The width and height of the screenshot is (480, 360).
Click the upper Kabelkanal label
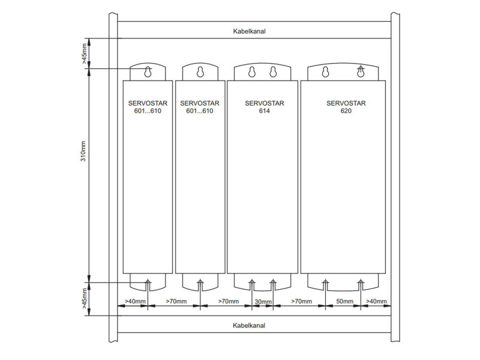point(249,31)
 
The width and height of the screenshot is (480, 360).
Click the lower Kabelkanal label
point(249,325)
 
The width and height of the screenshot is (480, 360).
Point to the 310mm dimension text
point(83,151)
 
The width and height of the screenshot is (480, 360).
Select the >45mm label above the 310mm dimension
point(84,53)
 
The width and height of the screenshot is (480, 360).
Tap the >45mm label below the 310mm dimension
point(84,298)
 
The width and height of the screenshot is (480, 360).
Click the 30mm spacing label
point(263,302)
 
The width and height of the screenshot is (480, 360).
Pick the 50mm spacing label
point(344,301)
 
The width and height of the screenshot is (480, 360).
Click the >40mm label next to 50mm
point(376,301)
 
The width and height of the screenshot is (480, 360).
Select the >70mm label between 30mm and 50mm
point(302,301)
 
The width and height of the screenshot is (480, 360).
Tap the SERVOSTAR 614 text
point(265,107)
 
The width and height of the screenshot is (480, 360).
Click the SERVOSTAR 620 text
point(346,107)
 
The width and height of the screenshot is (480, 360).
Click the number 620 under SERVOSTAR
point(346,111)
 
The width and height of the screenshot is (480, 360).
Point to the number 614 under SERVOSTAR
point(265,111)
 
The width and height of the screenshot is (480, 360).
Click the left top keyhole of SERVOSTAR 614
point(251,71)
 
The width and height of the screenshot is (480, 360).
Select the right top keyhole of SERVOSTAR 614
point(273,71)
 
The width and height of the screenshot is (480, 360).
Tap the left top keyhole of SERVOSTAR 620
point(325,71)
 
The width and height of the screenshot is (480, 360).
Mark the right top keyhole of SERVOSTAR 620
point(361,71)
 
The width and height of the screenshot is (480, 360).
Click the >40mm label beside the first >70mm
point(135,301)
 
